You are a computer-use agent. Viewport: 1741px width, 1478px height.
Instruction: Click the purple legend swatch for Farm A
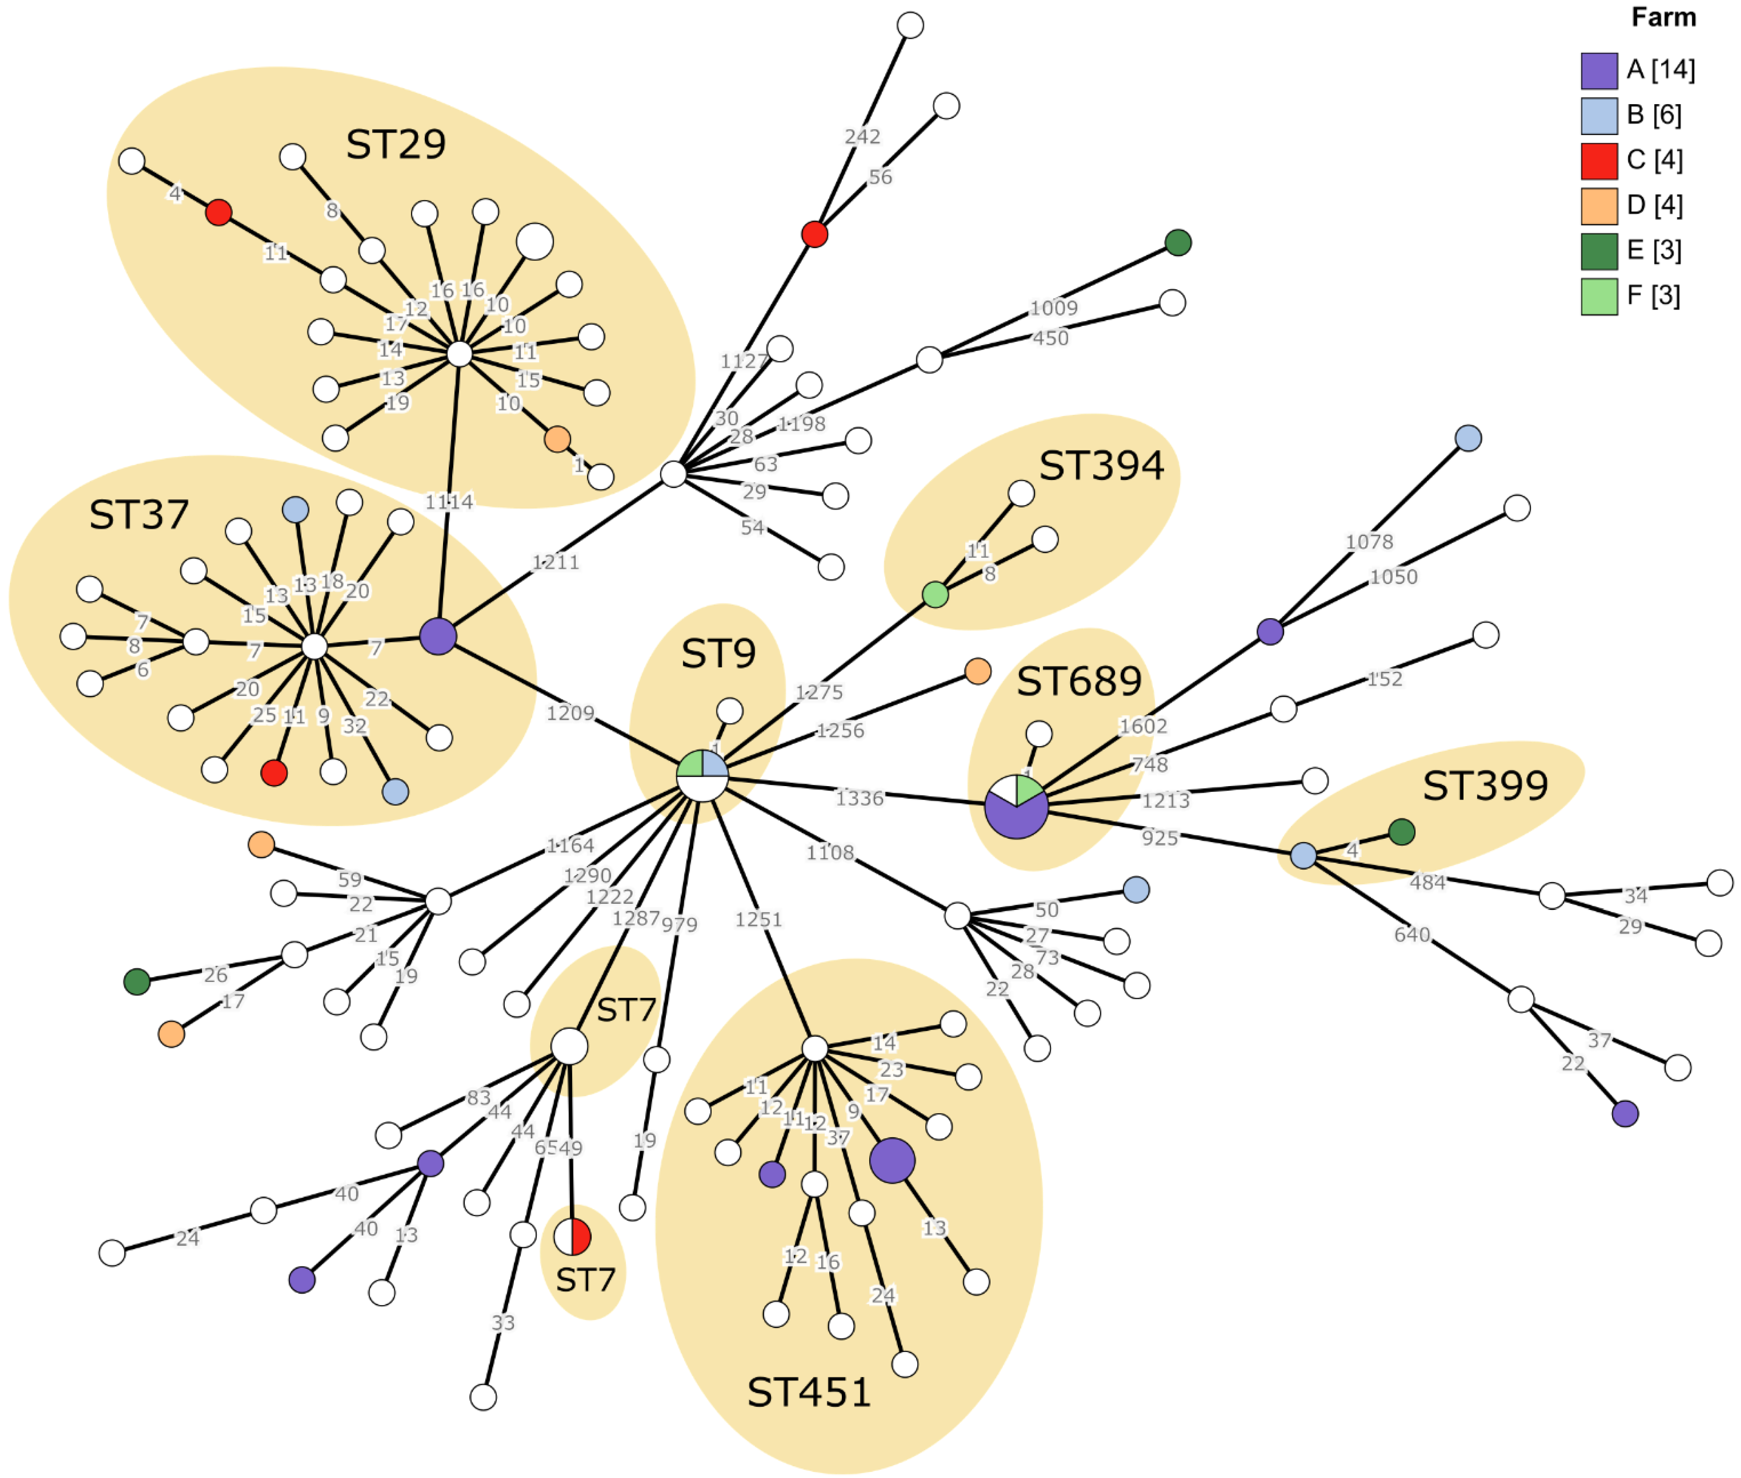(1599, 70)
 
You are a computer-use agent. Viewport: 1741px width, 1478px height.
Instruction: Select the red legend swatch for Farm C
(1599, 161)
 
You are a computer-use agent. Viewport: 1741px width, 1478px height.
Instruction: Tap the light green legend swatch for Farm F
(1599, 297)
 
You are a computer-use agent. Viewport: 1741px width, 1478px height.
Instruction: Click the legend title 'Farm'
(1663, 18)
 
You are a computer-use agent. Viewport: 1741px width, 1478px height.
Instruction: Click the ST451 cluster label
(808, 1392)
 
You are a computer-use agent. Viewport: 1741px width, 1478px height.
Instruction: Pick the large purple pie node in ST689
(1016, 806)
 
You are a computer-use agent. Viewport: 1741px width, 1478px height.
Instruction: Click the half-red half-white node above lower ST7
(572, 1236)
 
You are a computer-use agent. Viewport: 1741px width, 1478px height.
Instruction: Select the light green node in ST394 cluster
(935, 595)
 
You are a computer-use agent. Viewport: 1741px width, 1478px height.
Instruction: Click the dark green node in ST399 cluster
(1402, 832)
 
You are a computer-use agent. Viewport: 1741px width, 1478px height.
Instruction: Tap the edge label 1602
(1143, 726)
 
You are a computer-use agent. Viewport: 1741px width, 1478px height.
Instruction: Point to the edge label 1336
(860, 798)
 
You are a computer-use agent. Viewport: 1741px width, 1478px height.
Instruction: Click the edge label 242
(862, 136)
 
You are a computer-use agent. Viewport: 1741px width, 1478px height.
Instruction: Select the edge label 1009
(1053, 308)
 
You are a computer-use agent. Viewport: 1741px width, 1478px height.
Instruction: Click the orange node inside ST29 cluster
(557, 439)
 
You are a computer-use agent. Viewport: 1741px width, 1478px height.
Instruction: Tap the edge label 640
(1412, 934)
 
